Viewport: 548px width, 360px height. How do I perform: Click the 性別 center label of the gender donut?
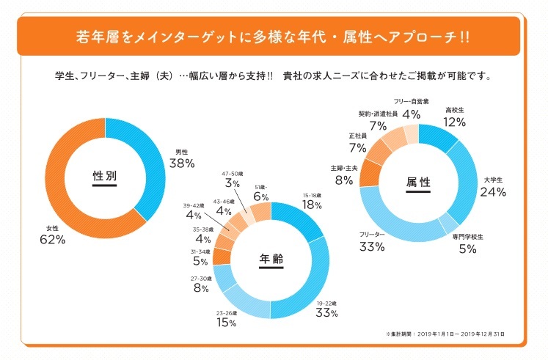click(105, 176)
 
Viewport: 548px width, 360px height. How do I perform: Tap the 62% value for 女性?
click(54, 240)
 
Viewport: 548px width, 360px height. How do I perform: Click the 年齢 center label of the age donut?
click(271, 259)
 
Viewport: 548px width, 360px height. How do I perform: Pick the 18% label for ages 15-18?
click(313, 206)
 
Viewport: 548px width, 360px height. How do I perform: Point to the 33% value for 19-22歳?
click(326, 313)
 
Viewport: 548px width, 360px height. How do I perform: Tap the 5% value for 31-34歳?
click(200, 261)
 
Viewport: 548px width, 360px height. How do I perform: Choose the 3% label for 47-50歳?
click(233, 183)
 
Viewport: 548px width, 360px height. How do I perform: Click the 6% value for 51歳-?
click(261, 196)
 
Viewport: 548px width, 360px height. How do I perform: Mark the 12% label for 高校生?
click(455, 122)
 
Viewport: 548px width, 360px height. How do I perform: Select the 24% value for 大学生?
click(493, 192)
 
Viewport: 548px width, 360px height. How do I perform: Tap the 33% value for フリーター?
click(372, 246)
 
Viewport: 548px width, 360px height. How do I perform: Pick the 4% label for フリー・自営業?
click(411, 114)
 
